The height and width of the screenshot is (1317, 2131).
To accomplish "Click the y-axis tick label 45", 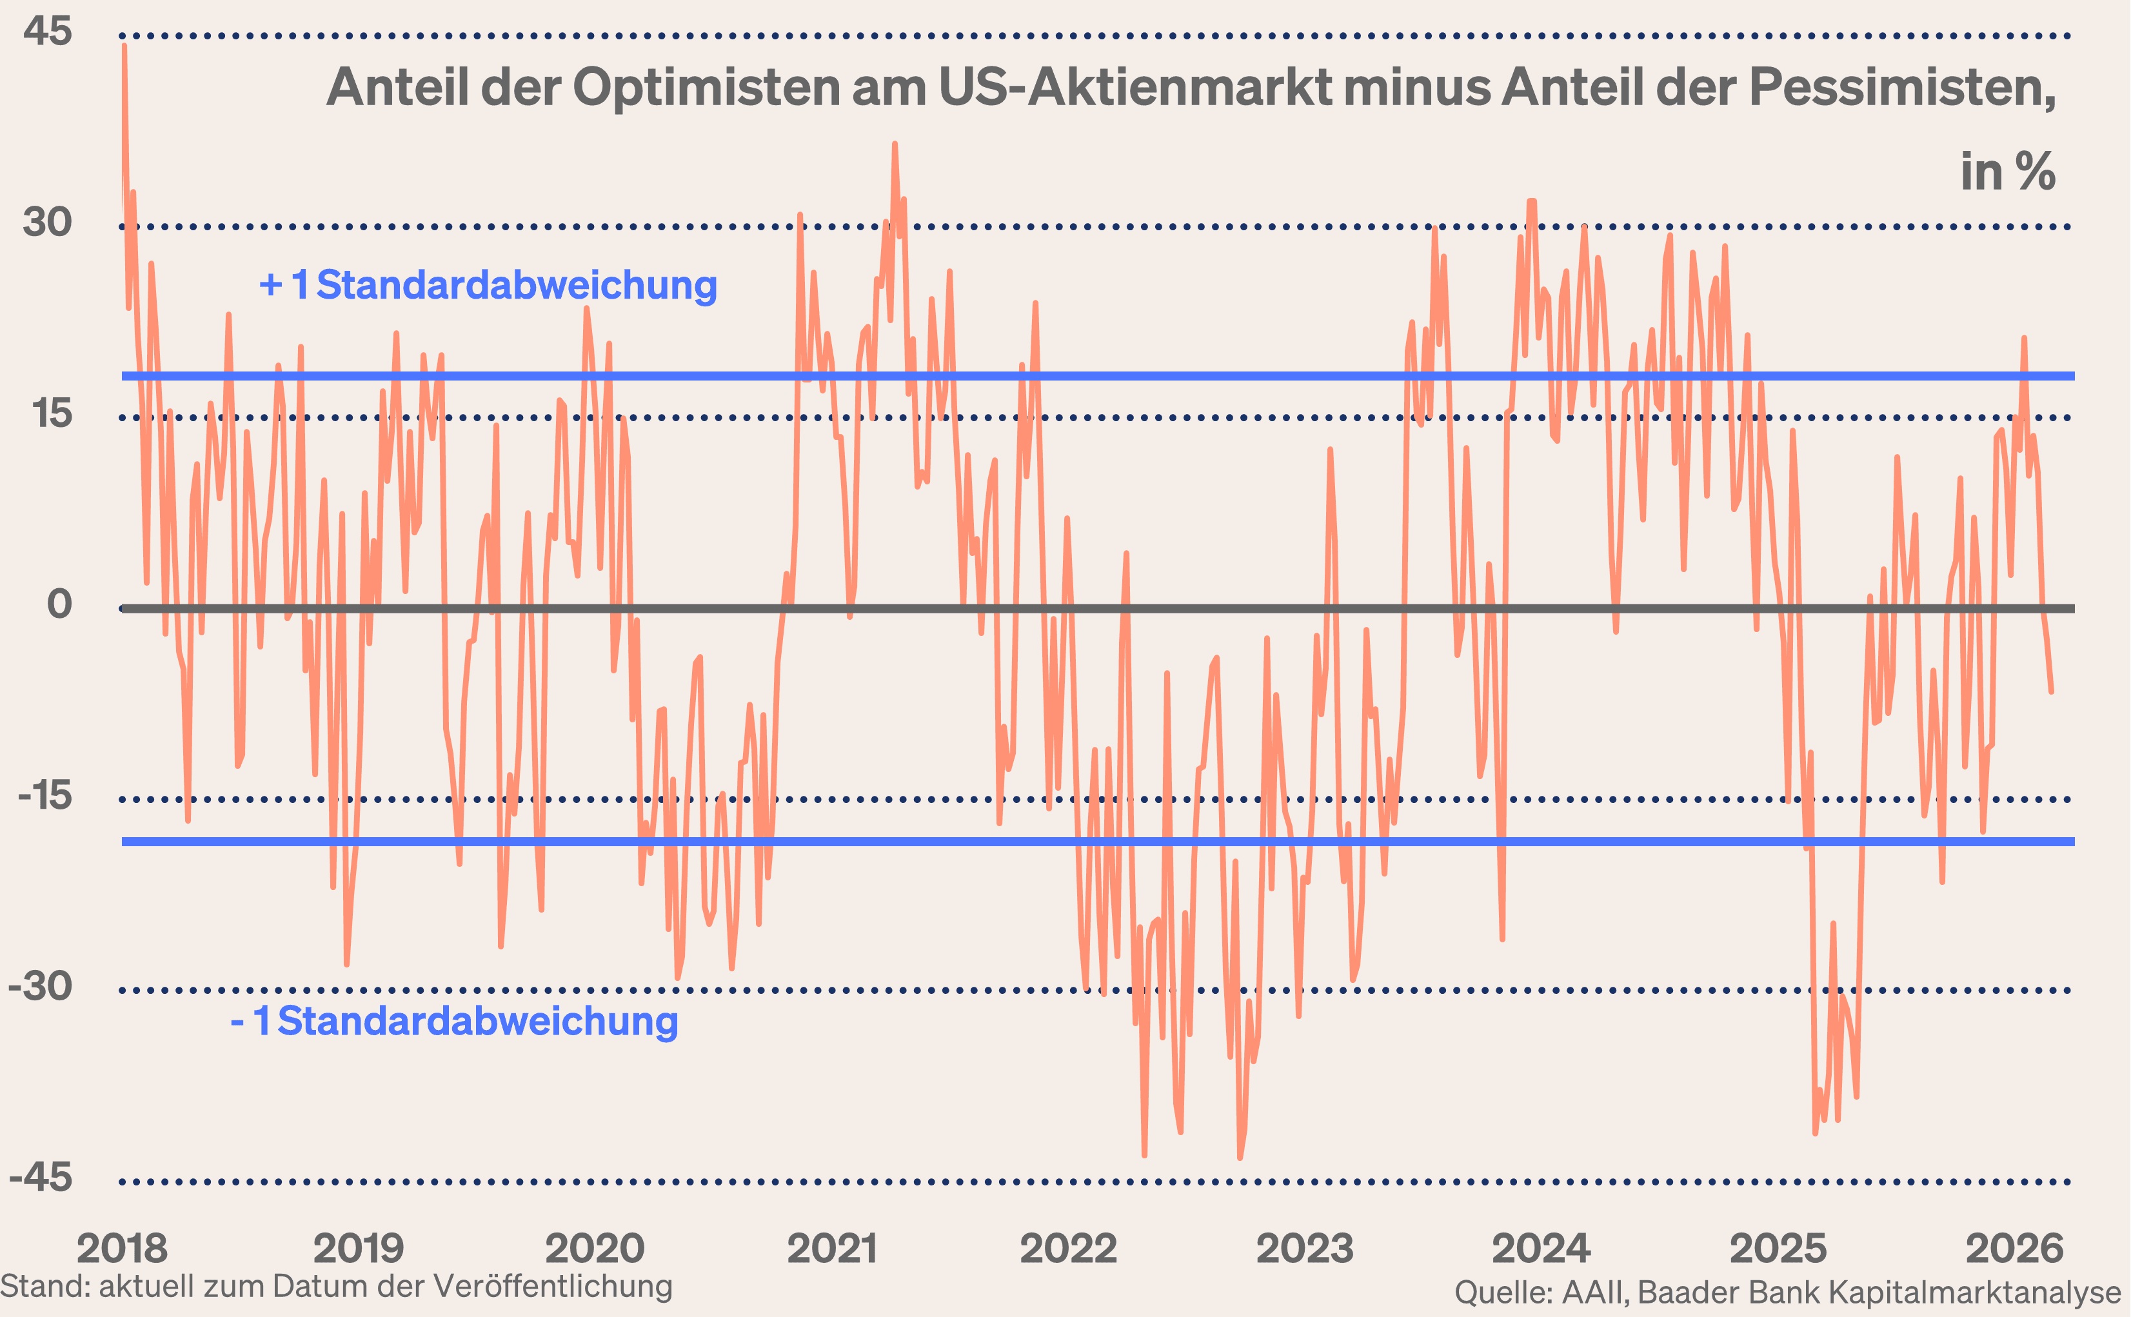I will [x=47, y=32].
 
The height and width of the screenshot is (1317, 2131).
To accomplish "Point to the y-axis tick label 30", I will [x=47, y=222].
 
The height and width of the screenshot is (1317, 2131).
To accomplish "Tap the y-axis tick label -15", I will [x=44, y=795].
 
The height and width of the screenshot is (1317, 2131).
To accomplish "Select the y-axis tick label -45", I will [x=40, y=1178].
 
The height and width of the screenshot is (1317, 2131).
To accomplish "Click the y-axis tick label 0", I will [x=59, y=604].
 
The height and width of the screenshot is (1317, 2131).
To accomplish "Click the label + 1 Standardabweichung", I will [x=488, y=286].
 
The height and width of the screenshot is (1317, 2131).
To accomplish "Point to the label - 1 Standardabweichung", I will [x=453, y=1021].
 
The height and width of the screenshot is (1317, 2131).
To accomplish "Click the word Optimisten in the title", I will [x=706, y=87].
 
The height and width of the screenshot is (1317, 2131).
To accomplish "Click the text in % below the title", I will [x=2007, y=172].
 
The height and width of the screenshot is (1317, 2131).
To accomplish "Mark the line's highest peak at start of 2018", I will [x=124, y=45].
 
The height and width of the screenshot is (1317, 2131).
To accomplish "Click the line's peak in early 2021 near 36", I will [x=895, y=144].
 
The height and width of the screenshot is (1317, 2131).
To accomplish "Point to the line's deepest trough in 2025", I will [x=1815, y=1133].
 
